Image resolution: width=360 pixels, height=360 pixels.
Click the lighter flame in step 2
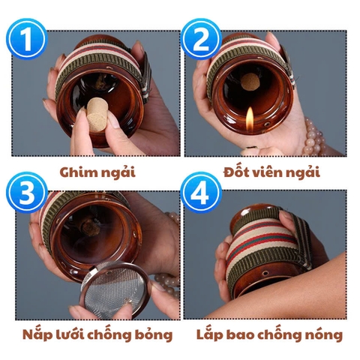pos(250,116)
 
